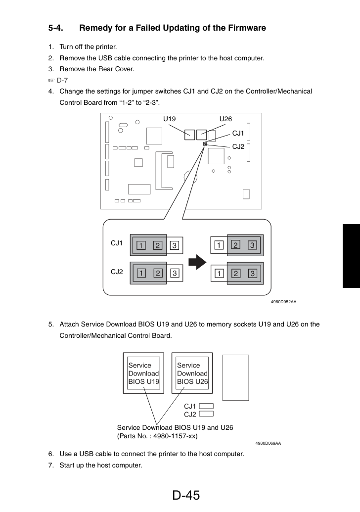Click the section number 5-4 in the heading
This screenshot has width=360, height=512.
click(56, 28)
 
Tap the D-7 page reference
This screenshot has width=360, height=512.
click(62, 80)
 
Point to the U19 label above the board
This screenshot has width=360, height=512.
click(170, 119)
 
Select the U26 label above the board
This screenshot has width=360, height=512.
click(225, 119)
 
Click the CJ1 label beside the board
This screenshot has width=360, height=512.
click(238, 133)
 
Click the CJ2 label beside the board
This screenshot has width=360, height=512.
click(238, 146)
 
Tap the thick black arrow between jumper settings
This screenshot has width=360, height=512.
click(197, 262)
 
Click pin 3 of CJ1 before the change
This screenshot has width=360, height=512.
click(174, 245)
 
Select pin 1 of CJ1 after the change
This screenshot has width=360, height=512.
click(219, 245)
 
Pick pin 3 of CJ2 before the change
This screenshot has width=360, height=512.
click(174, 273)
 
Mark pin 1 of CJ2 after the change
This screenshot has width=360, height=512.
click(219, 273)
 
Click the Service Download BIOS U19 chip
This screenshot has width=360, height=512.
click(143, 373)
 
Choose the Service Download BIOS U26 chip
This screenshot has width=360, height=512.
click(192, 373)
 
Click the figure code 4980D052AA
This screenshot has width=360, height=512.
click(284, 302)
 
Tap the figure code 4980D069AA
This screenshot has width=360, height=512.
click(268, 443)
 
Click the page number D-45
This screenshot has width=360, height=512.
click(186, 495)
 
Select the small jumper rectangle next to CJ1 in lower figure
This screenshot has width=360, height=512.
click(206, 406)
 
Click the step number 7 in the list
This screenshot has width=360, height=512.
click(50, 465)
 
